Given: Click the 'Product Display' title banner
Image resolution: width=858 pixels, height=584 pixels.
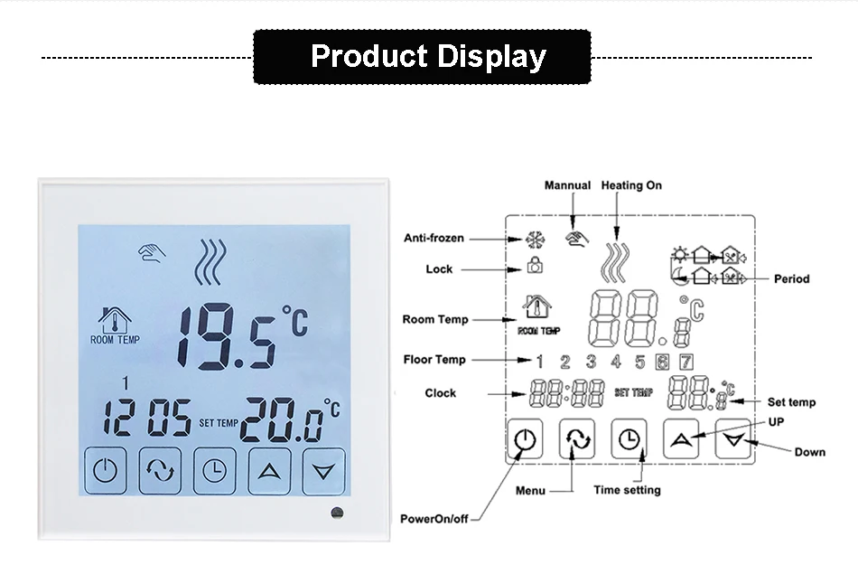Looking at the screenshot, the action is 422,57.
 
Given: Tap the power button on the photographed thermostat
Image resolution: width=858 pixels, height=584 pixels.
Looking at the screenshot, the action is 106,471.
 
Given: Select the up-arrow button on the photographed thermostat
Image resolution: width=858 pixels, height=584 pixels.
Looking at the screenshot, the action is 269,471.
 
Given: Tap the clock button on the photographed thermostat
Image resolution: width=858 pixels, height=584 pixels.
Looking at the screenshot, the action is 215,471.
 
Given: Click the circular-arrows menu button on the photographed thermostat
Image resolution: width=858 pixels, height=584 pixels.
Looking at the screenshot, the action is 160,471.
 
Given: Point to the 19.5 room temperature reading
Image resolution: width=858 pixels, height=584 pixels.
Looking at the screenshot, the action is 227,336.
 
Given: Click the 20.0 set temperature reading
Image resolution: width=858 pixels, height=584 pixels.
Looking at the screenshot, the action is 282,419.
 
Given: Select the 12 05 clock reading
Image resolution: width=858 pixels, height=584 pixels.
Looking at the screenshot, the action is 147,418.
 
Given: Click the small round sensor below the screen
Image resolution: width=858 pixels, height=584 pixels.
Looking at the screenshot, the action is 337,513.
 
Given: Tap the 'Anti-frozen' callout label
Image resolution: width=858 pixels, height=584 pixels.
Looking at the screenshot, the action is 434,238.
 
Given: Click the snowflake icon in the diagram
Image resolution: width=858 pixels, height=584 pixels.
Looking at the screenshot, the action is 536,240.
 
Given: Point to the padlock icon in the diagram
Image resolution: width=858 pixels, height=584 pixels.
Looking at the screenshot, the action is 535,265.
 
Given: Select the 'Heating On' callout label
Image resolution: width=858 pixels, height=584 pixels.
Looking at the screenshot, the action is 631,185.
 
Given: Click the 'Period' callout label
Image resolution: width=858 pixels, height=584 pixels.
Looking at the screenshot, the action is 792,278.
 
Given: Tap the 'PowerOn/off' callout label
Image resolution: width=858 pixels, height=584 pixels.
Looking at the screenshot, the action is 434,519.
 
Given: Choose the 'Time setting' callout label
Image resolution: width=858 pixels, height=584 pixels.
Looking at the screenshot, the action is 627,490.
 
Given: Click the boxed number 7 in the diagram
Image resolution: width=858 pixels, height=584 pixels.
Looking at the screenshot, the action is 686,362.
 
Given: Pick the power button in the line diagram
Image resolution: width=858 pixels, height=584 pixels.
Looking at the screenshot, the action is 525,438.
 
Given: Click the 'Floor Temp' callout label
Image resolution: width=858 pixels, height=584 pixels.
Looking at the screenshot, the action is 434,360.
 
